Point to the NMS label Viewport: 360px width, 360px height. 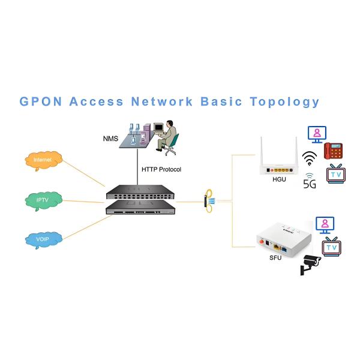pos(111,139)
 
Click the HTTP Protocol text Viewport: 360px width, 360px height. pos(161,170)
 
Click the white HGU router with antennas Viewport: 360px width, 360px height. pos(276,158)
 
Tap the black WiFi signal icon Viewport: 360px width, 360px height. pos(310,158)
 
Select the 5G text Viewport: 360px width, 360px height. pos(310,184)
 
